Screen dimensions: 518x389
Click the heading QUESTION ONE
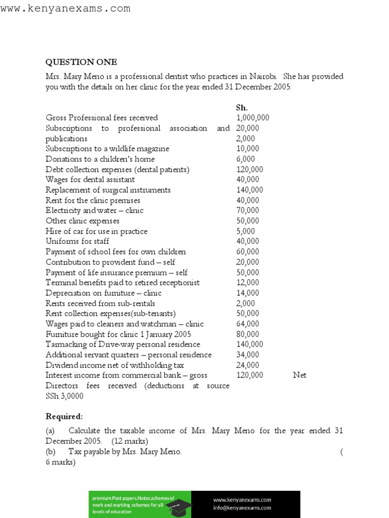coord(81,62)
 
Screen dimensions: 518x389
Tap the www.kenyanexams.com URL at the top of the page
coord(65,9)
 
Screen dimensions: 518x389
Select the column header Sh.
coord(242,108)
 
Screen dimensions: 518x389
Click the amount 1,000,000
coord(253,118)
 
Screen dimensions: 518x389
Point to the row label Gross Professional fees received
coord(101,118)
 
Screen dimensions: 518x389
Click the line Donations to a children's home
coord(100,159)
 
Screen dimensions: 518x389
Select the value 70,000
coord(248,210)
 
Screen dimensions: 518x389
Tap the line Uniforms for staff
coord(77,241)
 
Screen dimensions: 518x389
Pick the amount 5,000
coord(246,231)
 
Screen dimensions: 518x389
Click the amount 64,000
coord(248,324)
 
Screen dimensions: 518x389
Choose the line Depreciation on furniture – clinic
coord(103,293)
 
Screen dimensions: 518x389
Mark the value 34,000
coord(248,355)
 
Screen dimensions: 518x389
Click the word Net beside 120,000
coord(300,375)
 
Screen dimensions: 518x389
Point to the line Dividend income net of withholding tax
coord(114,365)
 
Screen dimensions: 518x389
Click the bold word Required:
coord(64,416)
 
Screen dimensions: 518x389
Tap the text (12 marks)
coord(130,441)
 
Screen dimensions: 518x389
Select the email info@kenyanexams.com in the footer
coord(242,508)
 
